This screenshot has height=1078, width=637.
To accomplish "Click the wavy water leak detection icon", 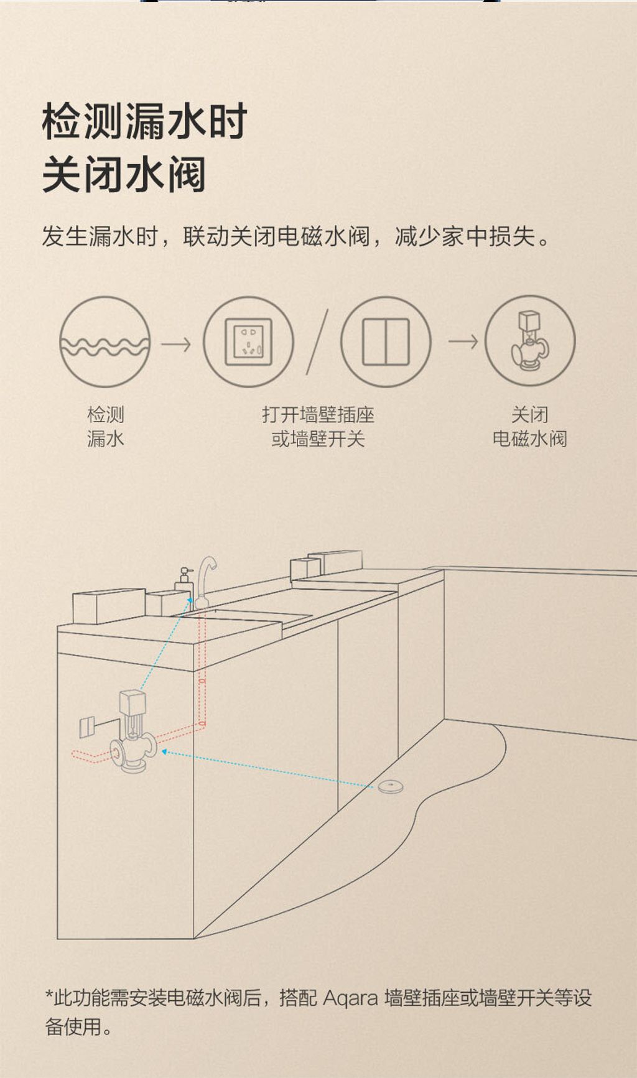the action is coord(105,343).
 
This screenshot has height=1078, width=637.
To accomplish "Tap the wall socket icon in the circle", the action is coord(249,342).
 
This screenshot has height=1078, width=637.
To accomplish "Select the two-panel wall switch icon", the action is coord(386,342).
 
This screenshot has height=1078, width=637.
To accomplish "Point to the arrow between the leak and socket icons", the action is coord(177,343).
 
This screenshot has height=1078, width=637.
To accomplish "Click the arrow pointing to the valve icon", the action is coord(463,342).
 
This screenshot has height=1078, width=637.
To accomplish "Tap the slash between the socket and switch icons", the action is coord(317,343).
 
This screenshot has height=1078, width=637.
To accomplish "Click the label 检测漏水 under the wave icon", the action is coord(106,427).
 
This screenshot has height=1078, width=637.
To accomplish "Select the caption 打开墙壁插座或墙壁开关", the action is coord(318,427).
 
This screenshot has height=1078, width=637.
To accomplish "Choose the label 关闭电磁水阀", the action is coord(530,427).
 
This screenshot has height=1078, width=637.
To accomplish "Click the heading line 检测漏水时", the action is coord(145,121).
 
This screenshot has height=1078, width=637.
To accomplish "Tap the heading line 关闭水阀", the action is coord(124,175).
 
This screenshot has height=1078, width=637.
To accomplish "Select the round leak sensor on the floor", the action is coord(391,787).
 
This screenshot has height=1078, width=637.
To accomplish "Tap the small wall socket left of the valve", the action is coord(88,727).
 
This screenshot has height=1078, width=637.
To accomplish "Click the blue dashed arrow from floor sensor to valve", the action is coord(269,769).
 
